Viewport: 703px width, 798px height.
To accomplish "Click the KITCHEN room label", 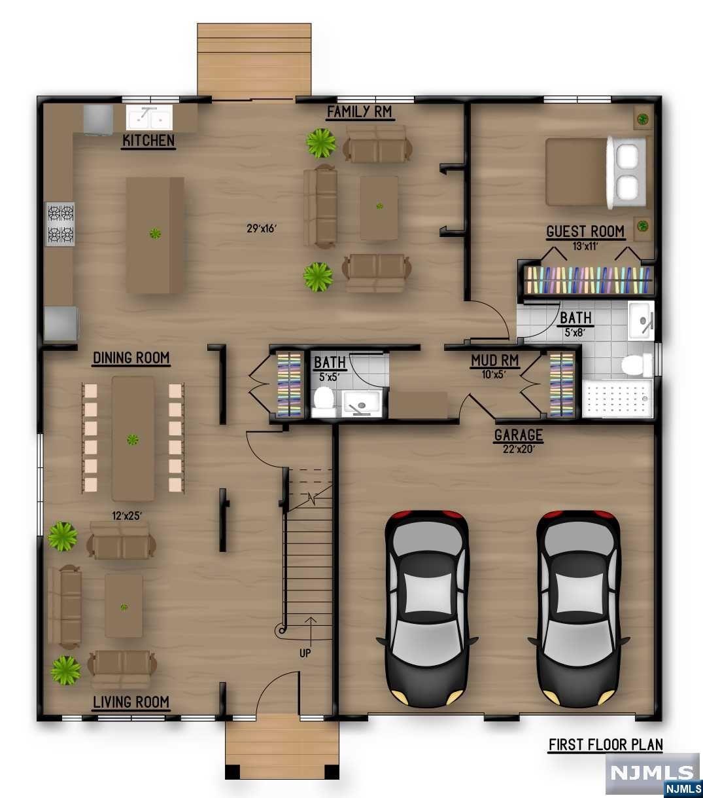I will (x=148, y=140).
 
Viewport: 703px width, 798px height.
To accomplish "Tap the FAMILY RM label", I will (x=359, y=112).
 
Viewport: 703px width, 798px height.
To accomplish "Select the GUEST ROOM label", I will (x=585, y=231).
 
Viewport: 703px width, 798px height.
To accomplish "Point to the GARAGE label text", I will (x=518, y=435).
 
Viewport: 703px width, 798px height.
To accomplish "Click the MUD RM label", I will (x=494, y=360).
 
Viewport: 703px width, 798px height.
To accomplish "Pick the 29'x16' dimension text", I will (x=262, y=228).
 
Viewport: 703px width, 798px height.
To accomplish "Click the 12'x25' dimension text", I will (x=127, y=517).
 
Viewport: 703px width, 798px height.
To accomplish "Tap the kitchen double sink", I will (x=149, y=118).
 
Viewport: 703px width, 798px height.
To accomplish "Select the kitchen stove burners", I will (x=60, y=224).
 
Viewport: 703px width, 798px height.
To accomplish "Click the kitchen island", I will (x=155, y=235).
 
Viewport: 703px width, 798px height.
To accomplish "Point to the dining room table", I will (x=133, y=438).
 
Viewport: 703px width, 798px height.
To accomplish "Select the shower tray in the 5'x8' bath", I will (x=617, y=398).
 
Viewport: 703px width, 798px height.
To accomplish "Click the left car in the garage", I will (x=426, y=606).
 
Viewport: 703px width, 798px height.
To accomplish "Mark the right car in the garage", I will (x=578, y=606).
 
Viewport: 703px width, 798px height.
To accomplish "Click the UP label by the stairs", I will (x=305, y=653).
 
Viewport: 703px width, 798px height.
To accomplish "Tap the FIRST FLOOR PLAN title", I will (x=605, y=744).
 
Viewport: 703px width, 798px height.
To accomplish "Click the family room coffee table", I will (x=379, y=207).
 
